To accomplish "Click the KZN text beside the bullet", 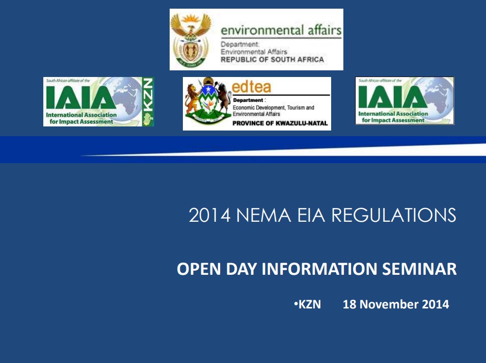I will (309, 305).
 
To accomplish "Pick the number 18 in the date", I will (349, 305).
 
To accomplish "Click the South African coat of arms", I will (191, 39).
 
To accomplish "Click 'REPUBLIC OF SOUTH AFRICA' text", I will (272, 60).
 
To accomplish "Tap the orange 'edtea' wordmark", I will (252, 86).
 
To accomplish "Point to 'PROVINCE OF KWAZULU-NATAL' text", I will (280, 123).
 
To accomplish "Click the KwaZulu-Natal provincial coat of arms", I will (207, 103).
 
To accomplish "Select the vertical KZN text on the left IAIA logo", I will (148, 97).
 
